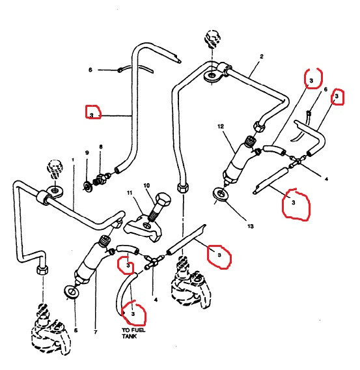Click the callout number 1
tap(72, 160)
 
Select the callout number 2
tap(261, 57)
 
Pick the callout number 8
tap(100, 148)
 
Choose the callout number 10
tap(146, 186)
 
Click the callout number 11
tap(130, 193)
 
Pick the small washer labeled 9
tap(88, 187)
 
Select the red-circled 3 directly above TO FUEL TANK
tap(133, 314)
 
